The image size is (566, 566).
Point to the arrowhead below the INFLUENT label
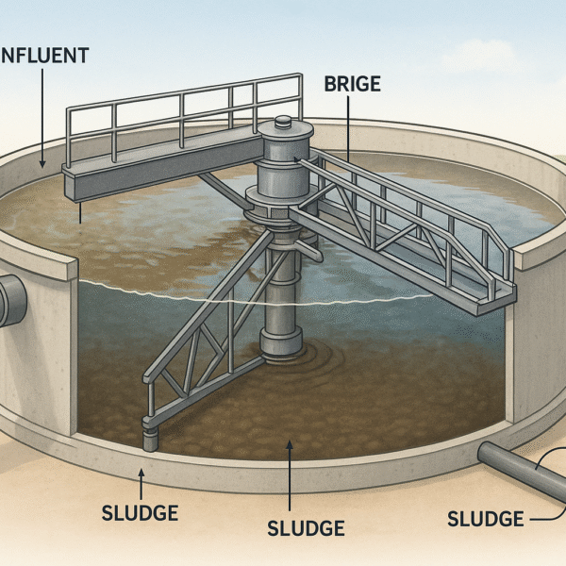point(42,164)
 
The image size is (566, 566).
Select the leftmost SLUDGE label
point(140,513)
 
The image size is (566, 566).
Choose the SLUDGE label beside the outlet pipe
point(485,518)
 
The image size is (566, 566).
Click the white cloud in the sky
point(491,57)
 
